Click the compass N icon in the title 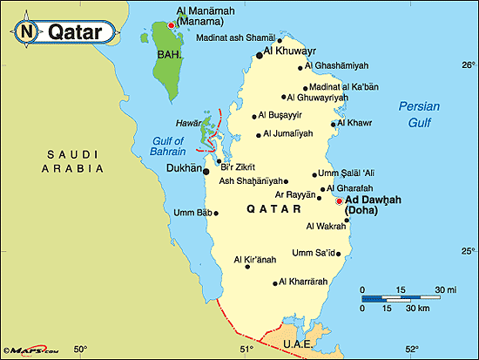tap(26, 32)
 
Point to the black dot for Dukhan tap(206, 171)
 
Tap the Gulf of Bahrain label tap(168, 146)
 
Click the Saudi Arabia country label tap(65, 161)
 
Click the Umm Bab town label tap(192, 213)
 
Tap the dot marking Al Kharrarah tap(278, 282)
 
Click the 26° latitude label tap(468, 65)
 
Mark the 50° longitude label tap(80, 350)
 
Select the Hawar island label tap(189, 124)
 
